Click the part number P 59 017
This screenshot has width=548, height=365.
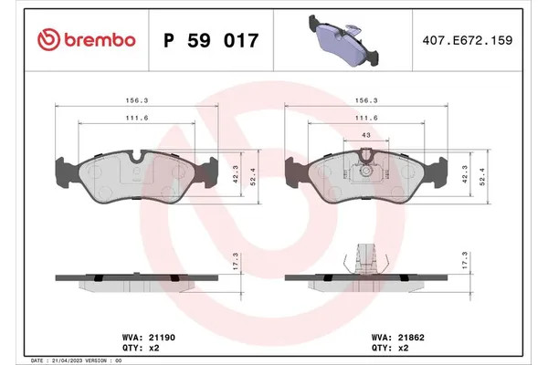[211, 40]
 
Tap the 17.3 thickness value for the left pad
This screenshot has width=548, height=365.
[237, 261]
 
